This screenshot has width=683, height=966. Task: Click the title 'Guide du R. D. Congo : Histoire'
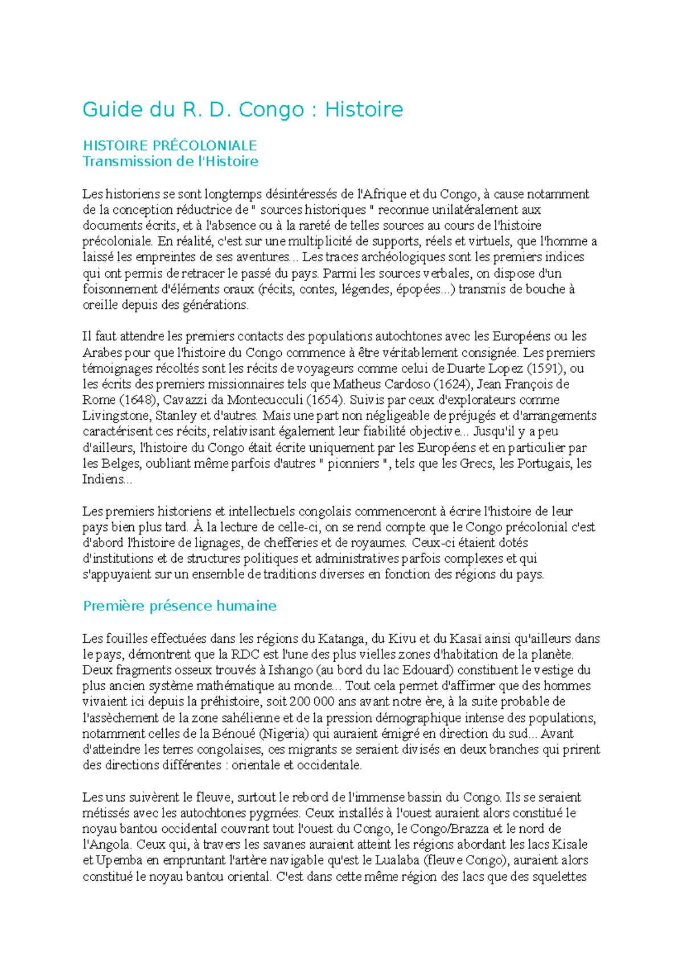coord(242,109)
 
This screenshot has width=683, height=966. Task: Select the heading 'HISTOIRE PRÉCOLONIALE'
coord(170,146)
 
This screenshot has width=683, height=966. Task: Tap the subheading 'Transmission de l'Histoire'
coord(170,162)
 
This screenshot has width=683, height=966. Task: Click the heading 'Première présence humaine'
coord(179,606)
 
